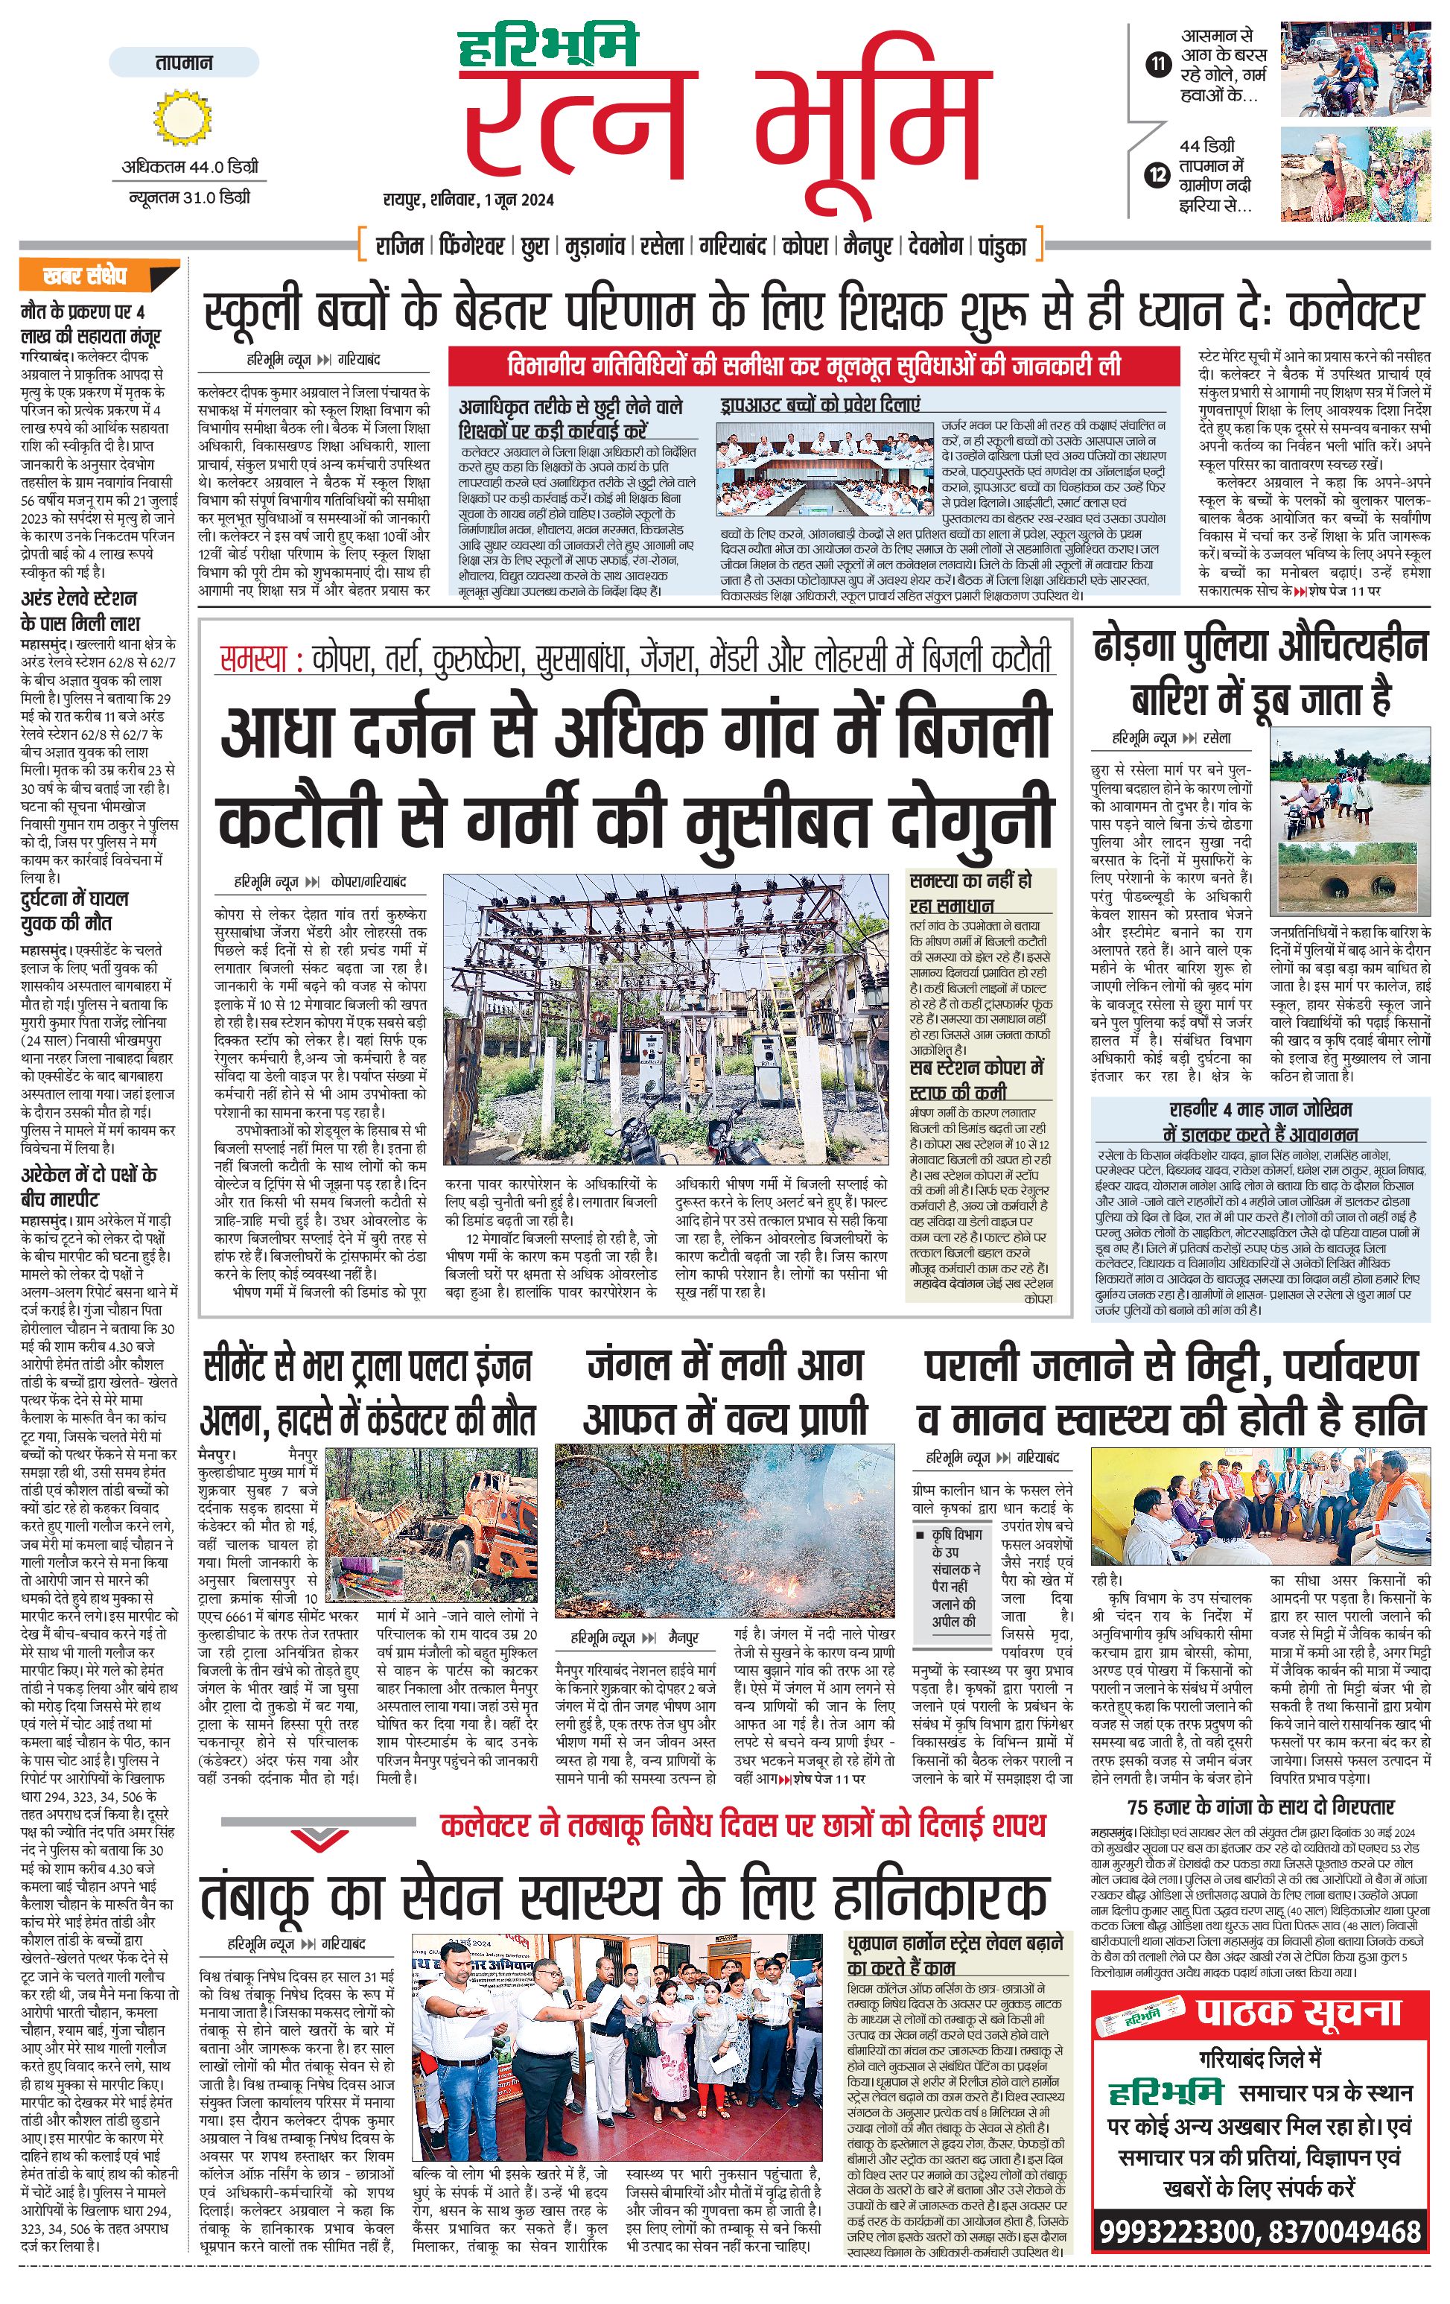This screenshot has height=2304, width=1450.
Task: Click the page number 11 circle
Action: (1158, 65)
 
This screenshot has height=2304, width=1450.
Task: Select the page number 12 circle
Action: (1158, 175)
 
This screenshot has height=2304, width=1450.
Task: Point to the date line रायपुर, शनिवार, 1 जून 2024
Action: (468, 200)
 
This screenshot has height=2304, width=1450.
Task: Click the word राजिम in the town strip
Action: (399, 246)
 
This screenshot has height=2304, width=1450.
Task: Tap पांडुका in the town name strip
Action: (1002, 246)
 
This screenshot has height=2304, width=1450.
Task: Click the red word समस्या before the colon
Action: (252, 659)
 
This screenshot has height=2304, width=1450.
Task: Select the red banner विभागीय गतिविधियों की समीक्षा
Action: (814, 366)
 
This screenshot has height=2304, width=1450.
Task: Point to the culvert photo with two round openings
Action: (1350, 878)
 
